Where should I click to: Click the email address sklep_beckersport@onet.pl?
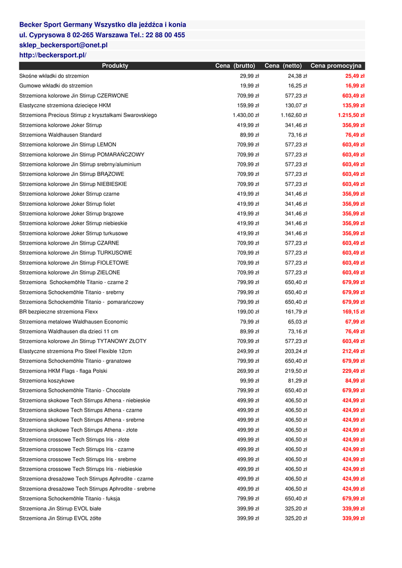tap(63, 45)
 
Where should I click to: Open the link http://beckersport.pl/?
tap(53, 55)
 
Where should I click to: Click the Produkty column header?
tap(115, 66)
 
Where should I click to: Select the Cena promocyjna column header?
tap(336, 66)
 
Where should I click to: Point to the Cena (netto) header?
tap(283, 66)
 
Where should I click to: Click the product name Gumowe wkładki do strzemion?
tap(56, 86)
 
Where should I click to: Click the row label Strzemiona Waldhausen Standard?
tap(60, 135)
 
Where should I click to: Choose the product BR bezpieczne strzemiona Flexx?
tap(59, 312)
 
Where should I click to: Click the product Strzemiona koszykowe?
tap(47, 381)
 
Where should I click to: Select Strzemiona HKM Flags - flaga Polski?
tap(63, 371)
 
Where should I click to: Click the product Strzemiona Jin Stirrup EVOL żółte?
tap(60, 518)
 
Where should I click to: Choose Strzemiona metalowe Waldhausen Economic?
tap(74, 322)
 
